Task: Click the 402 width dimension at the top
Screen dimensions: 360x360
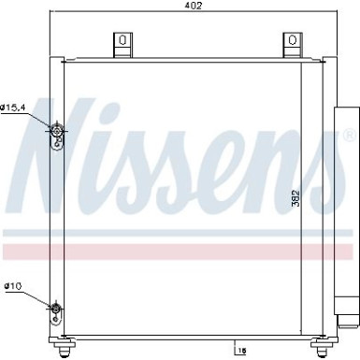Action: [x=193, y=6]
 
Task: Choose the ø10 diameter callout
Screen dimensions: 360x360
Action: [x=12, y=285]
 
